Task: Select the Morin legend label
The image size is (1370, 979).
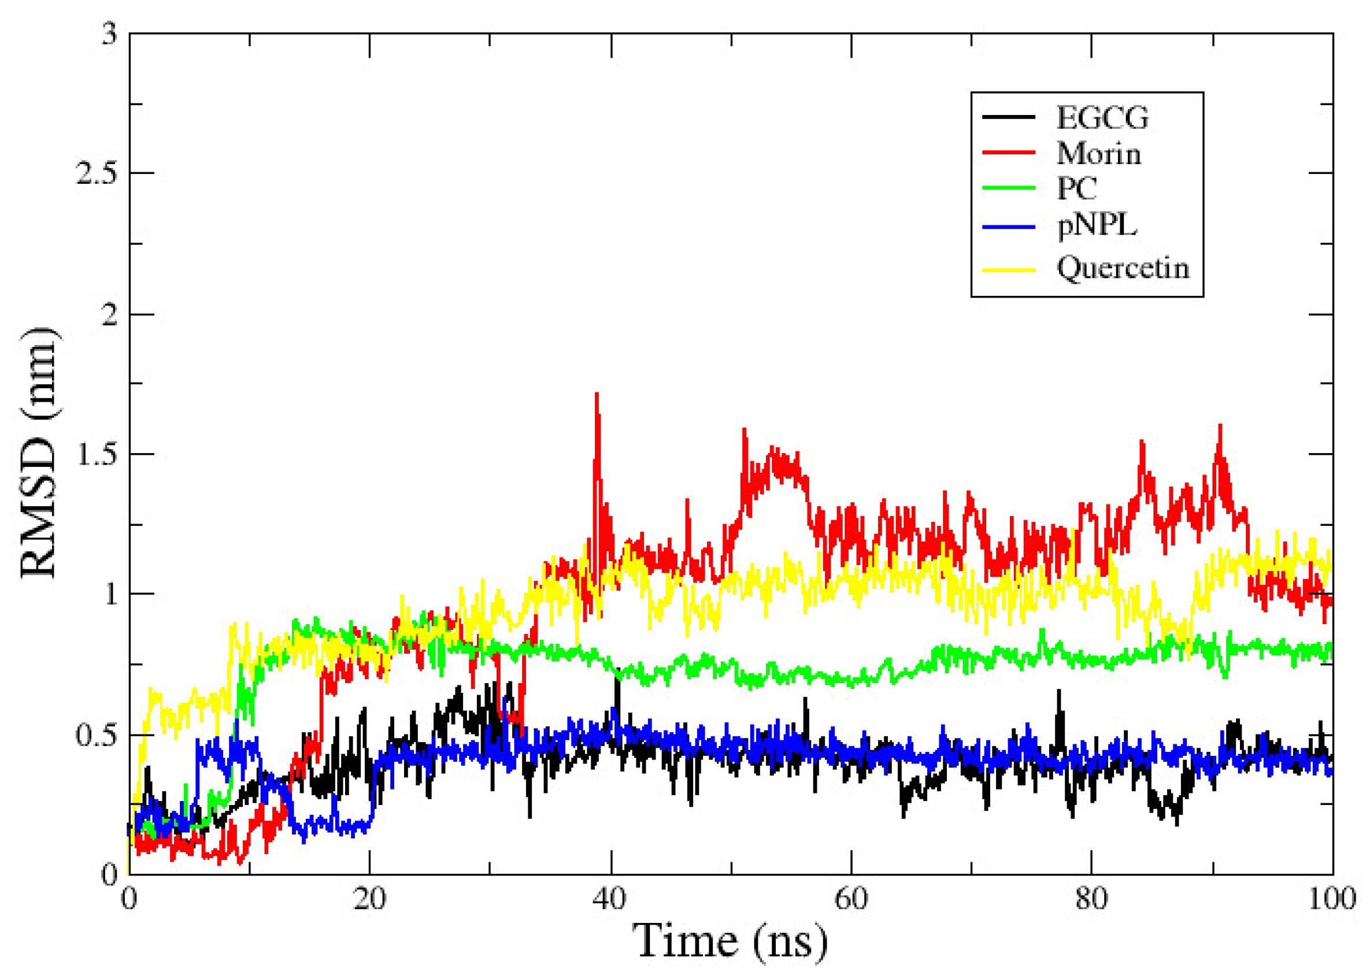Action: point(1098,154)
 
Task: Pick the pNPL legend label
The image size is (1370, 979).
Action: point(1096,226)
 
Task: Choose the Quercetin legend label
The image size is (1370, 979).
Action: point(1122,268)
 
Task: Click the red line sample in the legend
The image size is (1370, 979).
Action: point(1008,153)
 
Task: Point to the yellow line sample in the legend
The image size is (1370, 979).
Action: point(1008,269)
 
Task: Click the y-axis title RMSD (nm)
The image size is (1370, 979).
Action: point(39,453)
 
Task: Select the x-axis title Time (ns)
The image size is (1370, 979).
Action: point(730,941)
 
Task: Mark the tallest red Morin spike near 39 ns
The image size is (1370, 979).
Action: point(597,395)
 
